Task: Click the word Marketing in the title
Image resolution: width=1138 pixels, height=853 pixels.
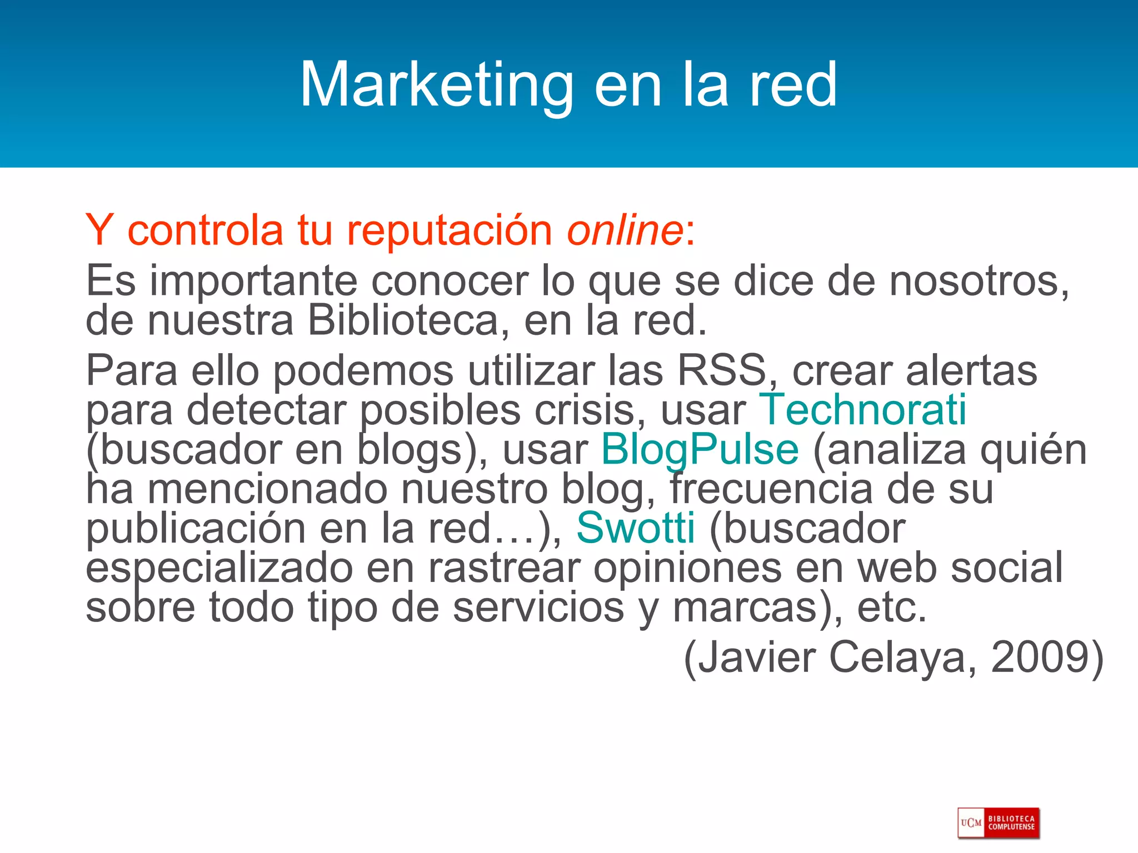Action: click(x=436, y=85)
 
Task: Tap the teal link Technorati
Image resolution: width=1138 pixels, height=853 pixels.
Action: click(x=863, y=410)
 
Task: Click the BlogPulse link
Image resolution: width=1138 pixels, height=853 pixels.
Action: click(x=700, y=449)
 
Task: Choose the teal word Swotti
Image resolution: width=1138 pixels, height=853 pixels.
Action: click(x=635, y=528)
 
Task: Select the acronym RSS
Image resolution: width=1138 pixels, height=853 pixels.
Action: click(x=722, y=370)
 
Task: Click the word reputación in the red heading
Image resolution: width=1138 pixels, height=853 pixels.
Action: click(x=449, y=230)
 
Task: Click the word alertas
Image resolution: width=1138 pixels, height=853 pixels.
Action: click(x=971, y=370)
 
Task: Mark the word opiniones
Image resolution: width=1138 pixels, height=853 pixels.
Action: click(x=687, y=568)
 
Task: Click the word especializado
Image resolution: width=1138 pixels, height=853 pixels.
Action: click(x=219, y=568)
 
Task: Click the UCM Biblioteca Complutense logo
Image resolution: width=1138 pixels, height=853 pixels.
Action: click(x=998, y=823)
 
